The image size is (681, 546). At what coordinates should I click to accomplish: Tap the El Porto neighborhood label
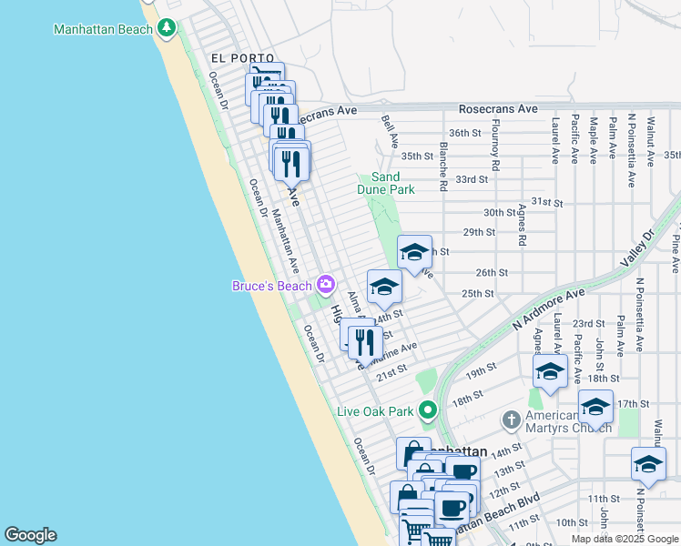(x=229, y=57)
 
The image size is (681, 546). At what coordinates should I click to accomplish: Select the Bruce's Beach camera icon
(x=326, y=286)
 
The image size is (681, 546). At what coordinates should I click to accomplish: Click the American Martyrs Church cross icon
(x=512, y=420)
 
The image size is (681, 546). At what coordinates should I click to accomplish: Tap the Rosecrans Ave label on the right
(x=498, y=108)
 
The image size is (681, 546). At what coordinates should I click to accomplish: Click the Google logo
(x=30, y=535)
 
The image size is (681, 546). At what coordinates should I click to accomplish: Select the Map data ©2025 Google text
(x=624, y=539)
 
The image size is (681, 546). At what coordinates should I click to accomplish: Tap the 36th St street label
(x=464, y=133)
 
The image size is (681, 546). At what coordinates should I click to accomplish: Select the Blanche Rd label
(x=443, y=166)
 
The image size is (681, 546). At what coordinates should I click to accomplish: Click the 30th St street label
(x=500, y=212)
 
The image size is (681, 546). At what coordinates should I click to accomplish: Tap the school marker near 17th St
(x=595, y=406)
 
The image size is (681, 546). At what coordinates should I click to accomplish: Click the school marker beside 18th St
(x=550, y=371)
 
